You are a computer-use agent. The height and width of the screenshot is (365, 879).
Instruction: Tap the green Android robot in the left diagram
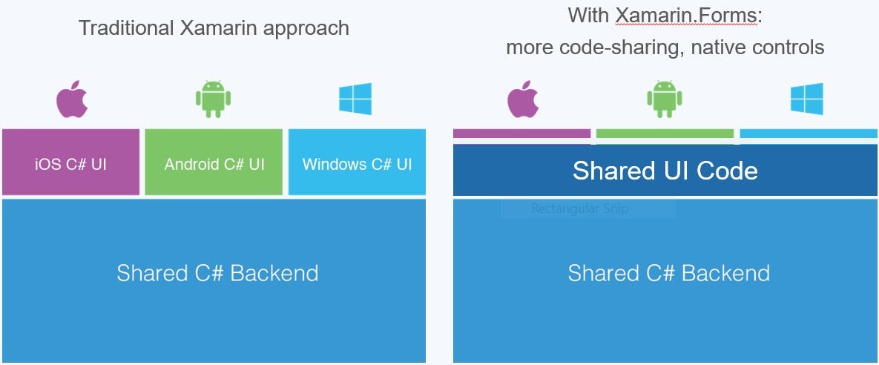(213, 99)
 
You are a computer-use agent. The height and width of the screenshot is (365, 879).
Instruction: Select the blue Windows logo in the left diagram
(355, 99)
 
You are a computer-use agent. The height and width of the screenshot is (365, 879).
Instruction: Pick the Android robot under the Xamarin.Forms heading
(664, 99)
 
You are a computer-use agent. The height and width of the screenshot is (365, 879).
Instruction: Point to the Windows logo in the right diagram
(806, 99)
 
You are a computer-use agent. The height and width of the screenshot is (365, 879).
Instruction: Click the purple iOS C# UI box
(70, 163)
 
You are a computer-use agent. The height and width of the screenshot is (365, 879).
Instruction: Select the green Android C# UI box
(214, 163)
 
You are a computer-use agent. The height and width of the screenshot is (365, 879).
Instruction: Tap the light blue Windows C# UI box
(357, 163)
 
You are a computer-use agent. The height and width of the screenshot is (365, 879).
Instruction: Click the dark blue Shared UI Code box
(665, 171)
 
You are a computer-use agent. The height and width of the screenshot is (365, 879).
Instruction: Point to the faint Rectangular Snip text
(579, 208)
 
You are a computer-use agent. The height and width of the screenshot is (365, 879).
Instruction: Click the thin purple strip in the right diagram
(521, 134)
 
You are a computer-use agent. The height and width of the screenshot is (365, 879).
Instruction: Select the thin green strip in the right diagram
(665, 134)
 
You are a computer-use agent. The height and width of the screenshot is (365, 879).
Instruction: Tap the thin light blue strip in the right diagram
(809, 134)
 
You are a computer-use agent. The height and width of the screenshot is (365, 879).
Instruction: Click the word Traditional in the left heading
(126, 28)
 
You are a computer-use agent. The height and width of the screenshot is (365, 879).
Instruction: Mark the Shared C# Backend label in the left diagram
(217, 273)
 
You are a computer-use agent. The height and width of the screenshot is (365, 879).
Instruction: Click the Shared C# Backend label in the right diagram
(668, 273)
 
